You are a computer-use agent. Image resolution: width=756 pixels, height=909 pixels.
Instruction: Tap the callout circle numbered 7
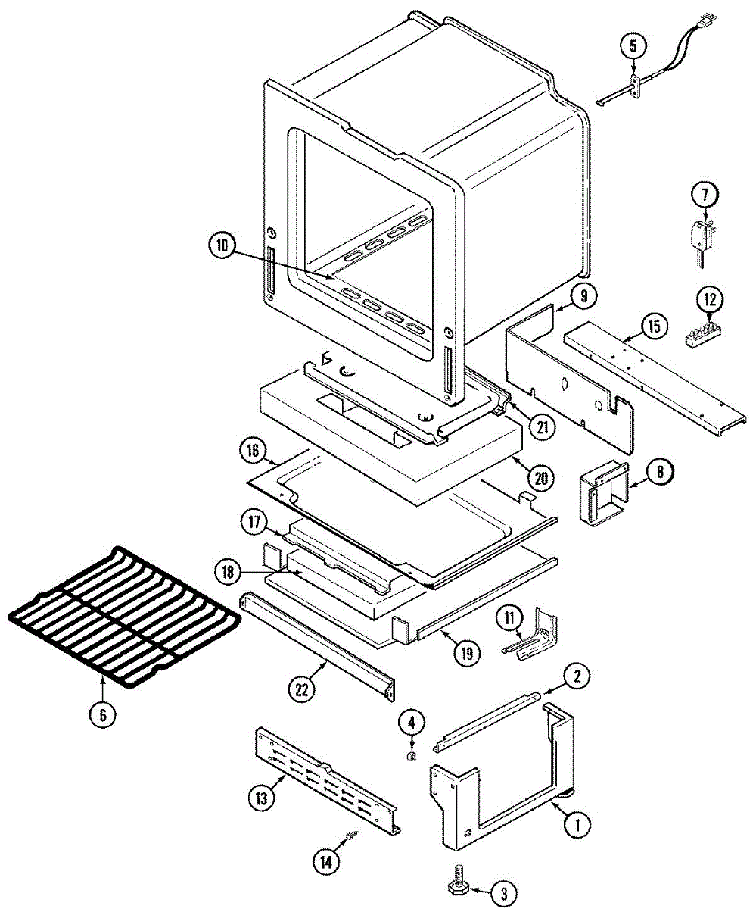pos(703,195)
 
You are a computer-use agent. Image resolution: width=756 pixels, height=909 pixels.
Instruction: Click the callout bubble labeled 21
pos(542,427)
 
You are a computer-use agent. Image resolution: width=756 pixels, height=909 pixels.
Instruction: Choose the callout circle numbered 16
pos(251,453)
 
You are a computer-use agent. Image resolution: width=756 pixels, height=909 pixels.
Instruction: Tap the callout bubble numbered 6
pos(104,714)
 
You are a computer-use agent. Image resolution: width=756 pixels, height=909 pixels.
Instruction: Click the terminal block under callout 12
pos(703,335)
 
